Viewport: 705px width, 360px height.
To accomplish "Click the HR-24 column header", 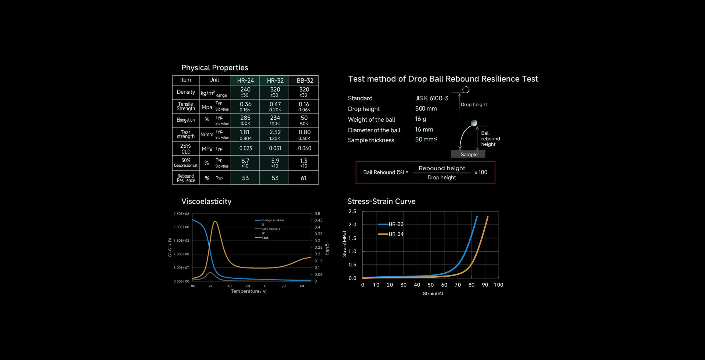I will pos(245,80).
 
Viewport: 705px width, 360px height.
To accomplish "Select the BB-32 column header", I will pos(305,80).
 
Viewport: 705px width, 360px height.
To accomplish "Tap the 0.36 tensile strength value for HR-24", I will pos(245,104).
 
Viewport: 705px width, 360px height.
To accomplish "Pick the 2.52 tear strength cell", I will pos(275,132).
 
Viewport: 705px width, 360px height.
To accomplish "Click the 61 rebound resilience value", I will pos(304,178).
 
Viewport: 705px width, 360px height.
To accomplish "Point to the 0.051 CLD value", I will pos(275,148).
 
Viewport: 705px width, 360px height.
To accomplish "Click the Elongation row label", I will pos(186,120).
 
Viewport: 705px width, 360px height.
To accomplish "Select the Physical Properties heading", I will pos(214,68).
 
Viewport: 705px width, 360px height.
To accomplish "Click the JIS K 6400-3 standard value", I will pos(432,98).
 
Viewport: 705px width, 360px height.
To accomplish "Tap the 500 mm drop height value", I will pos(426,109).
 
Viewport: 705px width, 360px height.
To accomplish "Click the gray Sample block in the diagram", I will pos(469,154).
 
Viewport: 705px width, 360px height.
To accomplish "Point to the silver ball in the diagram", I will pos(474,123).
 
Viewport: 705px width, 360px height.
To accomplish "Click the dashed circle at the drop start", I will pos(466,90).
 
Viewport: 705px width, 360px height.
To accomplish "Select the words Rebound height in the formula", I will pos(442,168).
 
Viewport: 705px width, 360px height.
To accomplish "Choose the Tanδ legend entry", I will pos(264,238).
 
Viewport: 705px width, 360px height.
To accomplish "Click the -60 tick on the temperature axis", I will pos(210,286).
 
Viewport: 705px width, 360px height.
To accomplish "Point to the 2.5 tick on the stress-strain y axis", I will pos(352,212).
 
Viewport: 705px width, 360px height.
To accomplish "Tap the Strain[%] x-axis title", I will pos(433,294).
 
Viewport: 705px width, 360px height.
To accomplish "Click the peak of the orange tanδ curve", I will pos(215,222).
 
